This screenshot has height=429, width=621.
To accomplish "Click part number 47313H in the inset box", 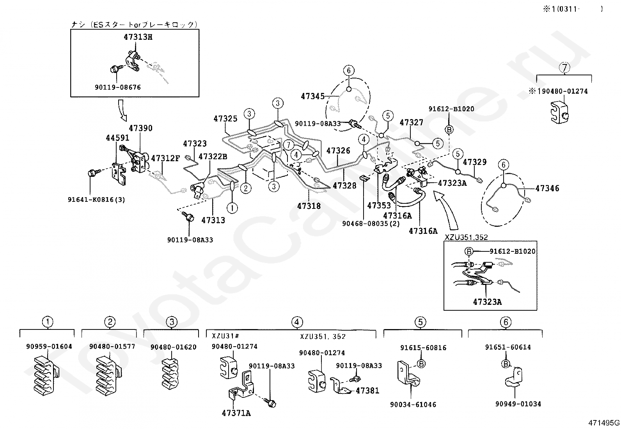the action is (x=138, y=37).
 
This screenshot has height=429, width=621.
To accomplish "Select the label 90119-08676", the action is (x=118, y=87).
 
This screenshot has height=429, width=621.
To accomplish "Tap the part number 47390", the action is (x=140, y=128).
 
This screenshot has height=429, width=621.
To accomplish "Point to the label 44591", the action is (x=117, y=138).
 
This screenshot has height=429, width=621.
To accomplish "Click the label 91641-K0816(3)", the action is (x=96, y=199).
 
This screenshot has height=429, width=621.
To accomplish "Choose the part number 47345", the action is (x=313, y=96).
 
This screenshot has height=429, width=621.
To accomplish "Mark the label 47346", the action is (x=547, y=189).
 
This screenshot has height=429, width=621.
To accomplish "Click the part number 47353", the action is (x=379, y=205).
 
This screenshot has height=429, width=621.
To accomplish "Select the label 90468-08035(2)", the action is (x=371, y=224).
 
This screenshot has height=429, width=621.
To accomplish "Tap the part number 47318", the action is (x=309, y=206).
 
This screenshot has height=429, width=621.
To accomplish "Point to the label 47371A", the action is (x=236, y=413).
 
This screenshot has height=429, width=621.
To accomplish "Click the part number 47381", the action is (x=367, y=391).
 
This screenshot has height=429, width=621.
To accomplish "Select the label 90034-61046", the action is (x=413, y=404).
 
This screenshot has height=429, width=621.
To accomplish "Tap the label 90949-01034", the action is (x=518, y=404).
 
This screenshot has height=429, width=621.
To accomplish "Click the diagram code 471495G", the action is (x=604, y=423).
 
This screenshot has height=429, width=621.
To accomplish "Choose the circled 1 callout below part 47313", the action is (x=232, y=208).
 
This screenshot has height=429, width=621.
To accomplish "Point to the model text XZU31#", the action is (x=225, y=336).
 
